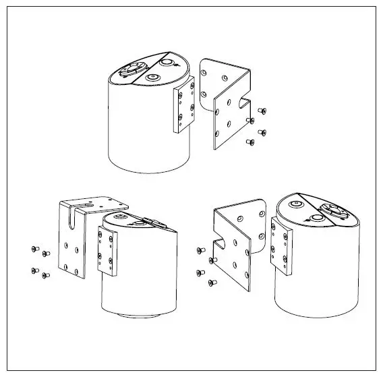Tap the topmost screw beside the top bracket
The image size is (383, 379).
262,111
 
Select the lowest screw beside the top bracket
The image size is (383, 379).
250,142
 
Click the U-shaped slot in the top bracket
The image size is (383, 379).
242,102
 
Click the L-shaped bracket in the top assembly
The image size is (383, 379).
223,101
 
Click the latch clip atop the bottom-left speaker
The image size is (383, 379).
152,221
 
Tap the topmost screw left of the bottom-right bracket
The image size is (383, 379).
199,250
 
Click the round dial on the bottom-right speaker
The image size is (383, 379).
332,210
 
